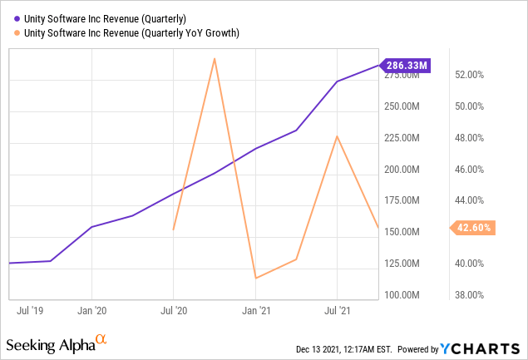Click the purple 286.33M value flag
[x=406, y=65]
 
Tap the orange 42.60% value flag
[x=472, y=227]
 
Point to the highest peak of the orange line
[x=215, y=58]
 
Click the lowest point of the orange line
[x=255, y=278]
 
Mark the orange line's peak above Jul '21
[x=337, y=136]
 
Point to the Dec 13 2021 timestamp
[x=345, y=348]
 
